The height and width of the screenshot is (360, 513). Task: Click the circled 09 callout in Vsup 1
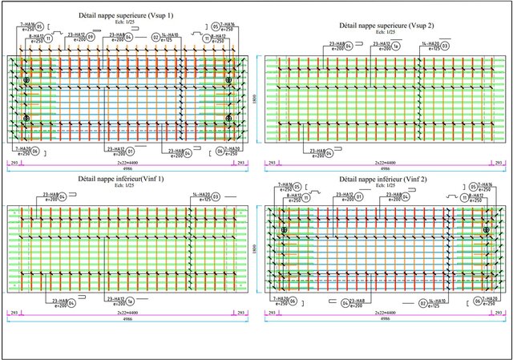coord(90,37)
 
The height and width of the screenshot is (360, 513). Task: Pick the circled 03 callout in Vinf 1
coord(216,196)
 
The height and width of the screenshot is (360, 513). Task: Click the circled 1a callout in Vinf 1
coord(130,302)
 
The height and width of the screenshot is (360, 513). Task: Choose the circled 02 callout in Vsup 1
coord(155,37)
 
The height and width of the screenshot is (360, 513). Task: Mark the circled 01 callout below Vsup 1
coord(131,149)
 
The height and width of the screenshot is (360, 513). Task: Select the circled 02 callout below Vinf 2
coord(422,304)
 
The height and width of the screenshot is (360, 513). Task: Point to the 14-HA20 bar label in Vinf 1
coord(201,193)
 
